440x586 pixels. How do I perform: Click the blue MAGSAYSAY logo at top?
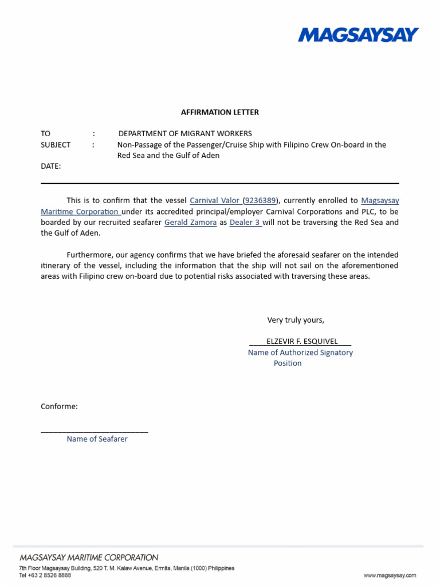click(358, 35)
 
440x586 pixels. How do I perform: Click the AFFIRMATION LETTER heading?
click(220, 112)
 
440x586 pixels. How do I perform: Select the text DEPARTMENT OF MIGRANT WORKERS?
click(185, 133)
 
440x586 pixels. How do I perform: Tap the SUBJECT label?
click(56, 145)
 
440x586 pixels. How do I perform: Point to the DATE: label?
click(50, 167)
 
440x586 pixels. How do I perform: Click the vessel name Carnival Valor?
click(214, 201)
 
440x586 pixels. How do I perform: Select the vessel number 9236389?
click(261, 201)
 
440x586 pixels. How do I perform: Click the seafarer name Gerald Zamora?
click(190, 223)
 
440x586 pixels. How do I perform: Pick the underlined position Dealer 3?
click(245, 223)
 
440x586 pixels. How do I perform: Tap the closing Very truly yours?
click(296, 320)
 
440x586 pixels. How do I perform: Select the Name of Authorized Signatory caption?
click(300, 353)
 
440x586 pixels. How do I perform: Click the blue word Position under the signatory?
click(288, 363)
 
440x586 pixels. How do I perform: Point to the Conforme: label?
click(59, 407)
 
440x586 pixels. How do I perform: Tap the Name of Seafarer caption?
click(97, 439)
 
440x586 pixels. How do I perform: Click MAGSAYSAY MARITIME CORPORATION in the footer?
click(89, 557)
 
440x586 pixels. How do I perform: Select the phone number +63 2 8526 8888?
click(48, 576)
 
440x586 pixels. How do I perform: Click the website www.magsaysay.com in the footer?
click(390, 576)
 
